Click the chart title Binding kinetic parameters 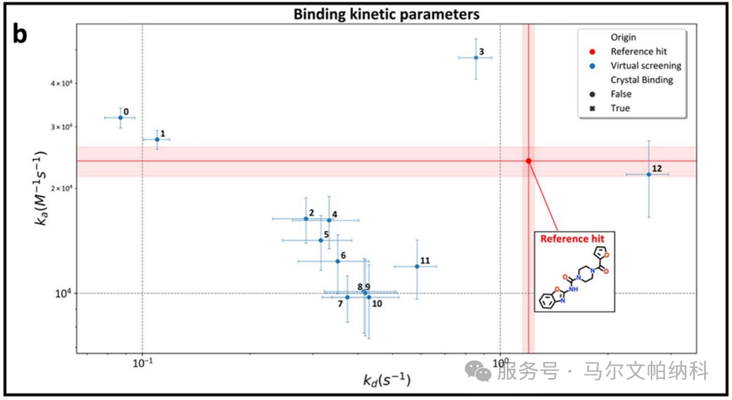pos(386,14)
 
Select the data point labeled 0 pos(120,118)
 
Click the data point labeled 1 pos(157,140)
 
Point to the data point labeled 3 pos(476,58)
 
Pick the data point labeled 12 pos(649,174)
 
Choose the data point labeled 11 pos(417,266)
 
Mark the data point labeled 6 pos(338,261)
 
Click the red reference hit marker pos(528,161)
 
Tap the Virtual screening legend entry pos(636,66)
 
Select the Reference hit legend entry pos(630,52)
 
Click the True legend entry pos(611,108)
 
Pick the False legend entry pos(612,94)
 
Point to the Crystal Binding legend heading pos(642,79)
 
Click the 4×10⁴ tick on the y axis pos(64,84)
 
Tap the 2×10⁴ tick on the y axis pos(64,188)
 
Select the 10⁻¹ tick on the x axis pos(142,363)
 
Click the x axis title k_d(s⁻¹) pos(387,380)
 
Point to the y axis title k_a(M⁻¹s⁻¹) pos(41,188)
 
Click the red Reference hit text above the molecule pos(572,239)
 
